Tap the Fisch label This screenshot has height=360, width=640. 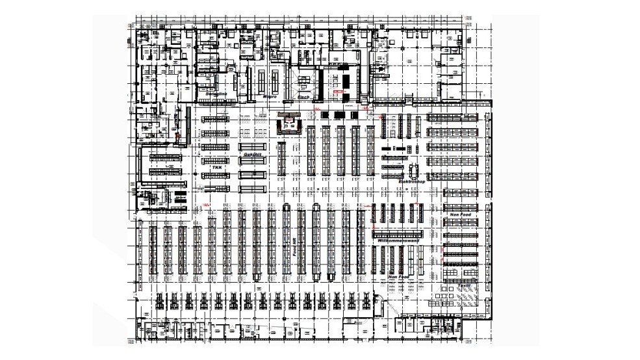tap(303, 96)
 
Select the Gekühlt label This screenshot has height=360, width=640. tap(252, 155)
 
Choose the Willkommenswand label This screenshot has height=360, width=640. tap(397, 241)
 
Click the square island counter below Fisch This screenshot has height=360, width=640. tap(288, 122)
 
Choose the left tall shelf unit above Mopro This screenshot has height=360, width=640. tap(261, 81)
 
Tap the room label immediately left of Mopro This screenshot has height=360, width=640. tap(216, 94)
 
